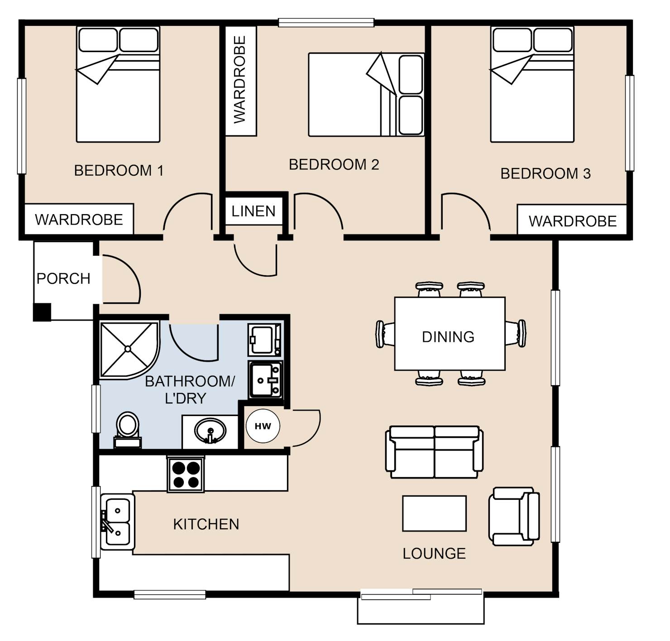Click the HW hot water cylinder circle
pyautogui.click(x=263, y=426)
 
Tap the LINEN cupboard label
pyautogui.click(x=254, y=211)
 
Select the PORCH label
pyautogui.click(x=63, y=278)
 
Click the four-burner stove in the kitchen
pyautogui.click(x=186, y=474)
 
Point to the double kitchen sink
pyautogui.click(x=117, y=521)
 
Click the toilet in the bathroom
pyautogui.click(x=127, y=430)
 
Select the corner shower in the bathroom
pyautogui.click(x=129, y=350)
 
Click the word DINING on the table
pyautogui.click(x=448, y=337)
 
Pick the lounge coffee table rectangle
pyautogui.click(x=434, y=513)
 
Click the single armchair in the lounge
pyautogui.click(x=514, y=517)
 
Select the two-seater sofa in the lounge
pyautogui.click(x=434, y=452)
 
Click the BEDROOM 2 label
pyautogui.click(x=334, y=165)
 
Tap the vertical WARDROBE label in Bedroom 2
pyautogui.click(x=239, y=80)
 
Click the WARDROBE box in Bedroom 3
pyautogui.click(x=572, y=220)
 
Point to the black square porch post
pyautogui.click(x=42, y=312)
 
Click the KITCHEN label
pyautogui.click(x=206, y=524)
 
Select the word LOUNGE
pyautogui.click(x=434, y=554)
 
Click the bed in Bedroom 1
pyautogui.click(x=118, y=84)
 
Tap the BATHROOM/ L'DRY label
pyautogui.click(x=190, y=390)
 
